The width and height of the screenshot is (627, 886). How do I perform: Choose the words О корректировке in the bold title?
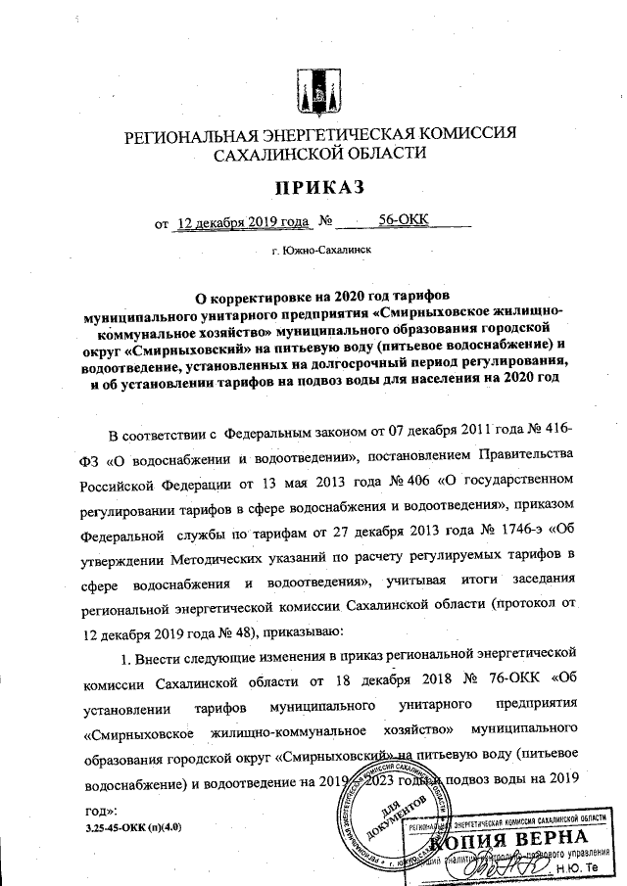[251, 298]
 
